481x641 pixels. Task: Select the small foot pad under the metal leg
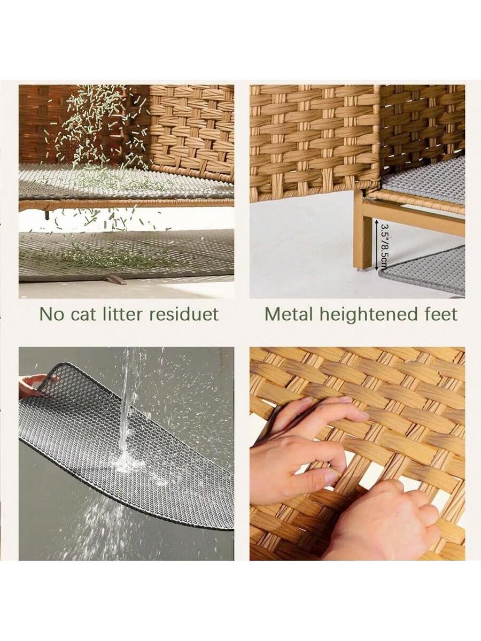[x=360, y=269]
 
